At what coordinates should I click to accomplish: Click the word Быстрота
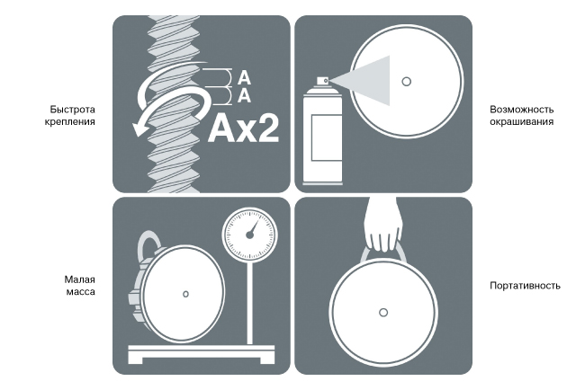[x=72, y=110]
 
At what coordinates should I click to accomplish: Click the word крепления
[x=70, y=122]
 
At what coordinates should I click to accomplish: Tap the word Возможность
[x=522, y=110]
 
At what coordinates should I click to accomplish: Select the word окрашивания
[x=522, y=122]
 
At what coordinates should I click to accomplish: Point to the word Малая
[x=79, y=279]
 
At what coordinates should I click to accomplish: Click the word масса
[x=81, y=292]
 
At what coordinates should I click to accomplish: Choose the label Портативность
[x=525, y=286]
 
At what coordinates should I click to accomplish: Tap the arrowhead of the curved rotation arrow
[x=139, y=129]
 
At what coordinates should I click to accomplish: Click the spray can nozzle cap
[x=323, y=81]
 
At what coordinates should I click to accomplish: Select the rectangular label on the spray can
[x=327, y=137]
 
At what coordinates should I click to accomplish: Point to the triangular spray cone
[x=365, y=81]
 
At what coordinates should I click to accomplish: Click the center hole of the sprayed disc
[x=406, y=81]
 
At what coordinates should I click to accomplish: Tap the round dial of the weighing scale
[x=249, y=235]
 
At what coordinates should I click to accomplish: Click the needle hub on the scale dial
[x=249, y=235]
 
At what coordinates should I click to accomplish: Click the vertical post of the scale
[x=249, y=303]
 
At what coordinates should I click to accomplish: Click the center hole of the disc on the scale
[x=185, y=294]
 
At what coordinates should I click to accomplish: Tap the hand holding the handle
[x=382, y=225]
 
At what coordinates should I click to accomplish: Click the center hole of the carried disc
[x=383, y=313]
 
